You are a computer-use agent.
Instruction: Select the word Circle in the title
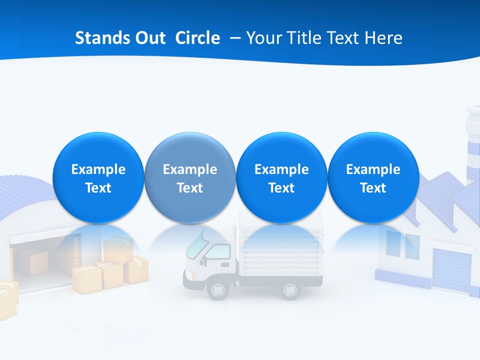(197, 38)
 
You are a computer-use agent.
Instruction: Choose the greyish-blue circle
(189, 177)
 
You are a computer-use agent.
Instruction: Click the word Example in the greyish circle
(189, 169)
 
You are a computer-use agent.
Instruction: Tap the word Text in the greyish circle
(189, 188)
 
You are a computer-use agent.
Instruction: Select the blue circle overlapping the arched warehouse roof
(98, 177)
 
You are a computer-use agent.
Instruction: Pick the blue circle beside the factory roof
(373, 177)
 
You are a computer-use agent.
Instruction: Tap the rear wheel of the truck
(290, 289)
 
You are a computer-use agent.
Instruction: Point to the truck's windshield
(197, 244)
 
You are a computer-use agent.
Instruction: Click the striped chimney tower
(472, 145)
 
